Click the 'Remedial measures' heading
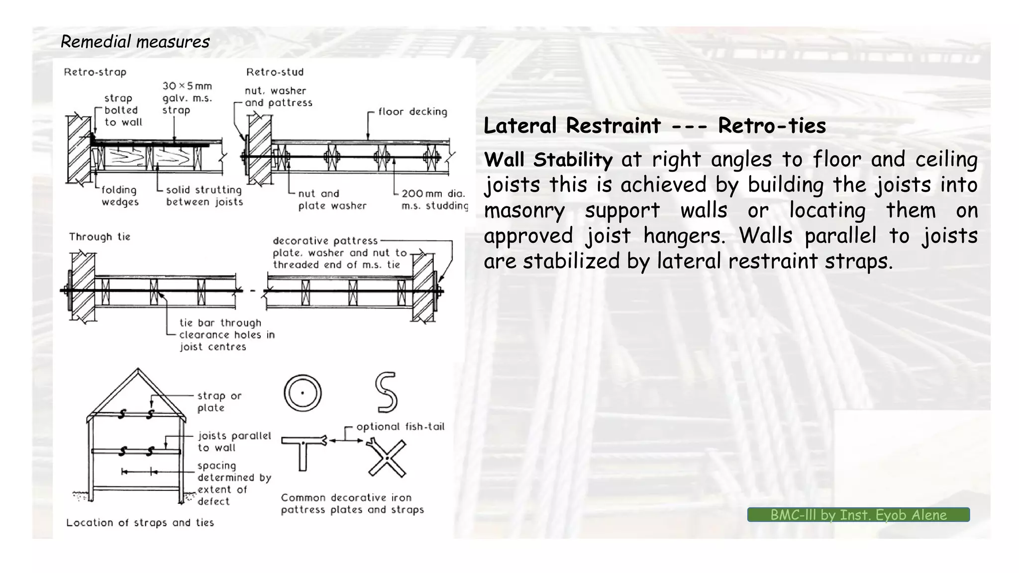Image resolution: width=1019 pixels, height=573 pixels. (x=135, y=41)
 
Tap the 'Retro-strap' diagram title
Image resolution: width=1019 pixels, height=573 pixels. (x=95, y=72)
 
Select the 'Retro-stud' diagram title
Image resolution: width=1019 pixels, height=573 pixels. (x=275, y=72)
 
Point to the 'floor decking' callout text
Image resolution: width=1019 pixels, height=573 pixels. (x=412, y=112)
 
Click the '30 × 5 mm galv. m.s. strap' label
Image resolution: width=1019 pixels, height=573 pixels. (x=187, y=98)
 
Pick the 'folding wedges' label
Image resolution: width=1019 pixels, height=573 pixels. (x=119, y=196)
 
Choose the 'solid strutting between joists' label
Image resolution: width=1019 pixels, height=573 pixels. (x=204, y=196)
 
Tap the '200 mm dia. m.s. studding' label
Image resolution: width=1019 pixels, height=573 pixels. (x=434, y=199)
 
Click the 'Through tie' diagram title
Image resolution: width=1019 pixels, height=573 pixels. (x=100, y=237)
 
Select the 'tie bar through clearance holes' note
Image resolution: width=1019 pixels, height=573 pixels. (x=226, y=335)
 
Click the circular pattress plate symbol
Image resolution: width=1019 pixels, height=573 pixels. (x=303, y=393)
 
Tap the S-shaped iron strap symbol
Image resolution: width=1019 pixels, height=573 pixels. (x=387, y=392)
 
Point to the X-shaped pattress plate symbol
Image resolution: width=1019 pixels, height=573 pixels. (x=386, y=458)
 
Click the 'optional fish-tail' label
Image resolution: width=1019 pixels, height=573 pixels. (x=400, y=427)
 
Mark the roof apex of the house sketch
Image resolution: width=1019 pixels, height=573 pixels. (x=138, y=370)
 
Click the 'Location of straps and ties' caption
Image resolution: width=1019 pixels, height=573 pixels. (x=140, y=523)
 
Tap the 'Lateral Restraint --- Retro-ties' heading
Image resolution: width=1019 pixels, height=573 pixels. (x=655, y=125)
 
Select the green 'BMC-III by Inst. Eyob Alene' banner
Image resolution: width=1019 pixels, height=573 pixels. (x=858, y=515)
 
